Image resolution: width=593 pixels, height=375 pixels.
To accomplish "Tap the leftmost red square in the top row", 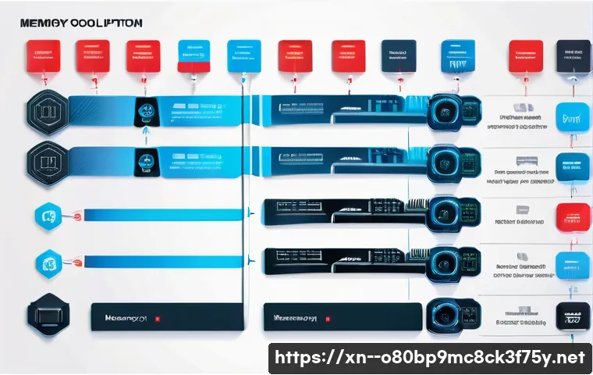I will (43, 56).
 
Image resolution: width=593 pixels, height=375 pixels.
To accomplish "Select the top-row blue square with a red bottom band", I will (192, 57).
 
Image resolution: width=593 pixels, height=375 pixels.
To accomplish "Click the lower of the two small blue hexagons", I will (48, 263).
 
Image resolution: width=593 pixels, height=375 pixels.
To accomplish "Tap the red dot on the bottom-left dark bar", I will (158, 319).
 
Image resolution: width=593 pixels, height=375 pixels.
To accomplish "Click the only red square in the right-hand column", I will (571, 216).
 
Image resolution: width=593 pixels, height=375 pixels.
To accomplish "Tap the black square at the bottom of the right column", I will (571, 318).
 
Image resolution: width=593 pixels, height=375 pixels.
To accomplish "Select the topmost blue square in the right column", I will (571, 116).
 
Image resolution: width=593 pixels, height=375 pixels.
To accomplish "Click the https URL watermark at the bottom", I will (429, 358).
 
